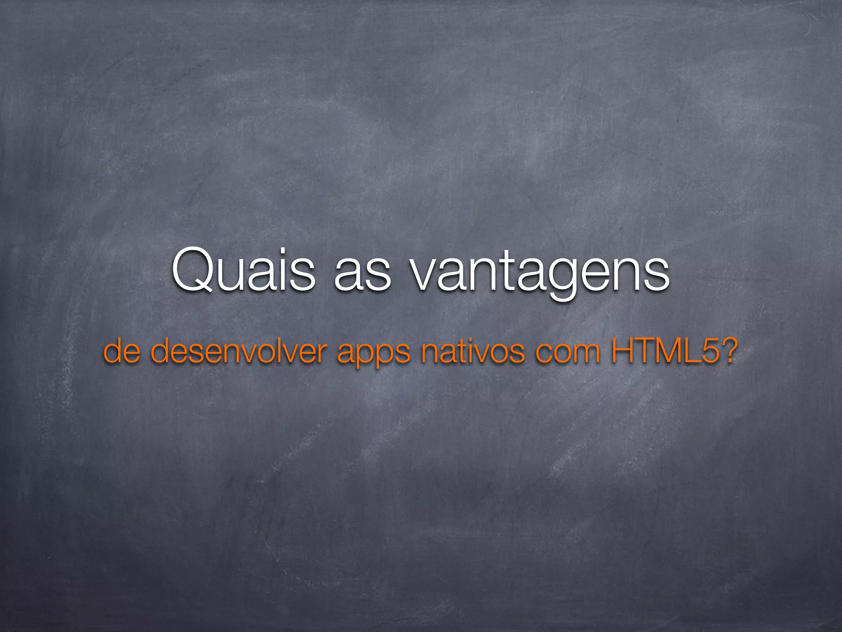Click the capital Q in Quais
[192, 270]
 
